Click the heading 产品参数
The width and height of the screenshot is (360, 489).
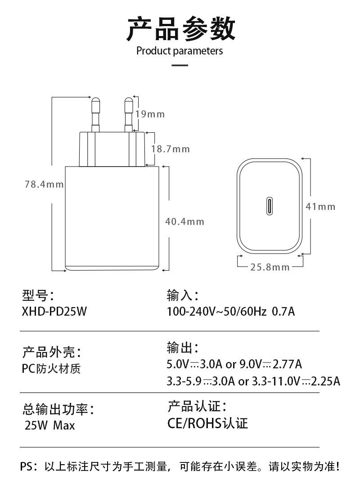pos(180,29)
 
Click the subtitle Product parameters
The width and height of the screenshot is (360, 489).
pos(180,51)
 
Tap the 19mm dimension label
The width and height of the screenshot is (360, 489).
pos(150,114)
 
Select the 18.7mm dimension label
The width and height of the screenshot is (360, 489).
pos(171,149)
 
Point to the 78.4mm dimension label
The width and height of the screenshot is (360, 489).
pos(44,184)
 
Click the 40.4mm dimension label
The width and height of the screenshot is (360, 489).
pos(184,222)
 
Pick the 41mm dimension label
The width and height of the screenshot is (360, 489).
pos(320,207)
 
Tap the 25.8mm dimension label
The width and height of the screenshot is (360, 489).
pos(270,267)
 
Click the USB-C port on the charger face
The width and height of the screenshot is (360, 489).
pos(269,206)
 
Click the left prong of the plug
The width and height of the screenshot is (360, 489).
pos(95,114)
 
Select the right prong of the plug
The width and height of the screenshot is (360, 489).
pos(128,114)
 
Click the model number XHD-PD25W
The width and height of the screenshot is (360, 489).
pos(54,312)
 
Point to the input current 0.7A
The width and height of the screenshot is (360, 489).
pos(283,312)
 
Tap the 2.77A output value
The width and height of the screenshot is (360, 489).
pos(287,364)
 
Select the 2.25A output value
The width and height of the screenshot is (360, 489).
pos(326,381)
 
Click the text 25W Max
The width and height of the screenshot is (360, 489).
pos(50,426)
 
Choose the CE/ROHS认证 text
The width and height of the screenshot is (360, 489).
pos(207,423)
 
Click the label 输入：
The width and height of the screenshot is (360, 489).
pos(183,295)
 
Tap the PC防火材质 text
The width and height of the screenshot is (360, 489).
pos(51,369)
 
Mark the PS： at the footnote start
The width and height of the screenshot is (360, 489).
pos(29,466)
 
